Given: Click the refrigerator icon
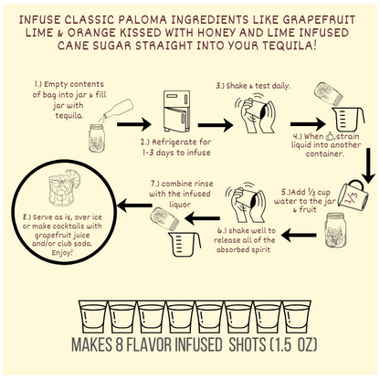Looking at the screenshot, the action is (176, 111).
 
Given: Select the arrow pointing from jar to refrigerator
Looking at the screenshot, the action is (134, 124).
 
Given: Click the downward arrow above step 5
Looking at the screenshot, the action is (369, 165).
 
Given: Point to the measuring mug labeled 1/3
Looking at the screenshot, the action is (354, 195).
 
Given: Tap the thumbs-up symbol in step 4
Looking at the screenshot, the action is (330, 136).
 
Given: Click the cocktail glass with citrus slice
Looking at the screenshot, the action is (64, 188).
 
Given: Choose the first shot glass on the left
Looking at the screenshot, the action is (93, 317).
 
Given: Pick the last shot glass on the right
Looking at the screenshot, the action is (297, 317).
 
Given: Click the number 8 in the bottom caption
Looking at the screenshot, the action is (119, 344).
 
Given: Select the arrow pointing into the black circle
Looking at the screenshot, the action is (134, 206).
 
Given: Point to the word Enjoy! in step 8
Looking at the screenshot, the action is (62, 253).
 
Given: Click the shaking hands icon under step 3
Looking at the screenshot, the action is (258, 114).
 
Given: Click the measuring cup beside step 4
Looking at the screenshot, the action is (348, 119).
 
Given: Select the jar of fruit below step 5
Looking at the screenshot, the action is (336, 230).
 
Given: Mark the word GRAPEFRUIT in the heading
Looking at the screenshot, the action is (319, 20).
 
